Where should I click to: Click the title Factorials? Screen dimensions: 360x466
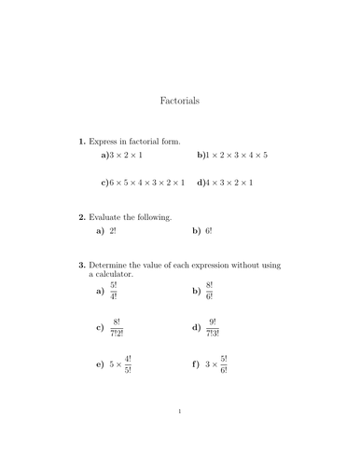180,99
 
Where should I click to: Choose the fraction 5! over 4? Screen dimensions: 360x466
114,292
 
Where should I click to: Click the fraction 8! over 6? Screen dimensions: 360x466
209,292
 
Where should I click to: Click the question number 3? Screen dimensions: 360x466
81,265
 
